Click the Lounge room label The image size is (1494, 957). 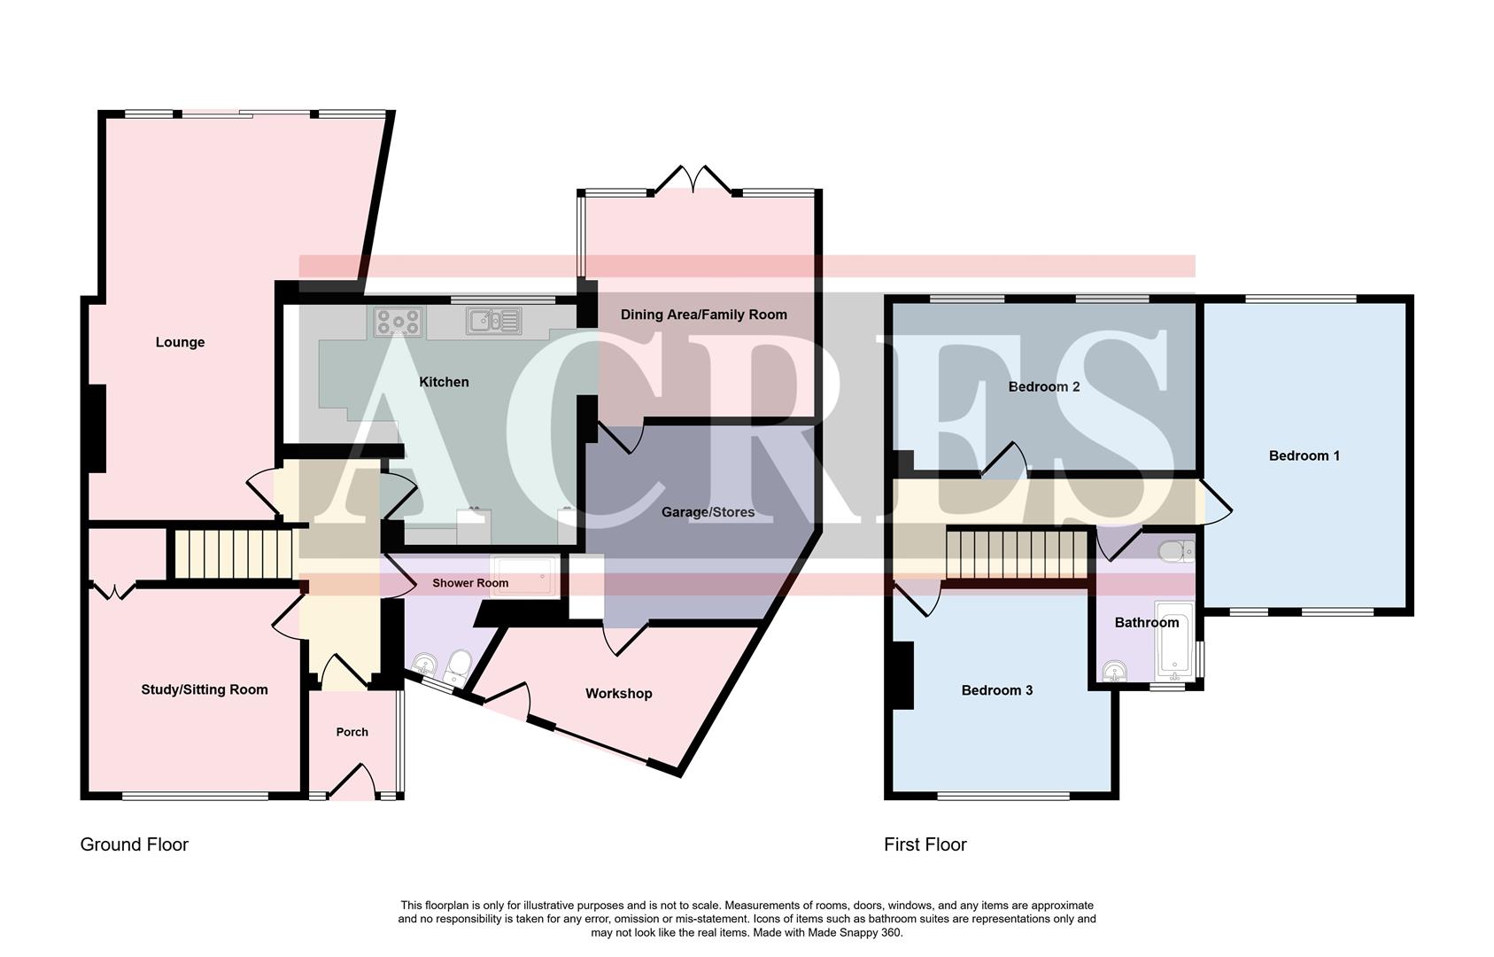pos(180,342)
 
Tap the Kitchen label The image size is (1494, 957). pos(444,382)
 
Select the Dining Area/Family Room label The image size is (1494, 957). pos(703,315)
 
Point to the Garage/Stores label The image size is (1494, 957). pos(708,512)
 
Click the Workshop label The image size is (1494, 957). pos(618,694)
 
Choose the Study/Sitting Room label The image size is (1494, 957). pos(204,689)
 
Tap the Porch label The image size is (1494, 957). pos(352,732)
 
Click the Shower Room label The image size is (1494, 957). pos(470,583)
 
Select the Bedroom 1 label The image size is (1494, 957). pos(1304,455)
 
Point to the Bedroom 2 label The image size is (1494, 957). pos(1043,386)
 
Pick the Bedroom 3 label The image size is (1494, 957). pos(996,690)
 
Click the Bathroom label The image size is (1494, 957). pos(1146,622)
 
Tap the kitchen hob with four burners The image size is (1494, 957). pos(398,321)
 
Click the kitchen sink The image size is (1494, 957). pos(493,321)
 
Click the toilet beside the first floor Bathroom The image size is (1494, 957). pos(1175,551)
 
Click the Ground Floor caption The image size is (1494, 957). pos(135,844)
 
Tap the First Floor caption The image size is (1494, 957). pos(925,844)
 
